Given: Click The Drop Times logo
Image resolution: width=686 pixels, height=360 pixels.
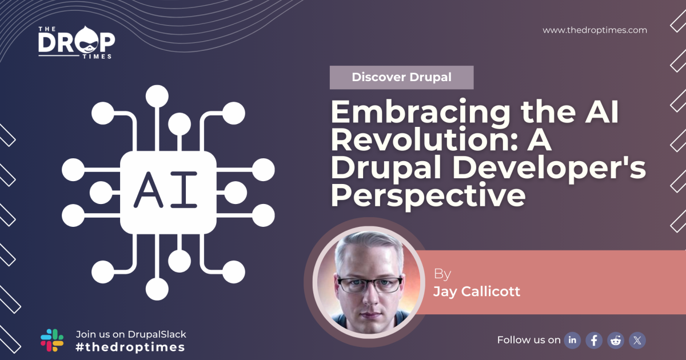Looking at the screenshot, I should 77,41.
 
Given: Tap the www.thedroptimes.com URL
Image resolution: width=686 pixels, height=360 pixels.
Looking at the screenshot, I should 595,30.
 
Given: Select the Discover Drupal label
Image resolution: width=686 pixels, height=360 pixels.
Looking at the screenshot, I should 401,77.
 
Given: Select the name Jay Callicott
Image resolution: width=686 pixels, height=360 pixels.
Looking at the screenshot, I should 476,291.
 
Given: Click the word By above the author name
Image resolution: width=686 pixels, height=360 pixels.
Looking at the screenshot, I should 442,274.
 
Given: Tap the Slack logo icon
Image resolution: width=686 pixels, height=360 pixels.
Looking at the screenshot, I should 52,340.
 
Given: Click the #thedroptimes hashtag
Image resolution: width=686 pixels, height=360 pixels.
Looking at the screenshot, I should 130,347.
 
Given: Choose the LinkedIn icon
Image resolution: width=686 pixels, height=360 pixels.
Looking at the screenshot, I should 572,341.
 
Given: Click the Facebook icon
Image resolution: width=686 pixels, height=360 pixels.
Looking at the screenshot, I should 594,341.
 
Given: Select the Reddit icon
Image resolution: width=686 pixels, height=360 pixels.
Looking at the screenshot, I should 616,341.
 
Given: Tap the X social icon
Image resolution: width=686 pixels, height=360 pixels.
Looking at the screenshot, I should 637,341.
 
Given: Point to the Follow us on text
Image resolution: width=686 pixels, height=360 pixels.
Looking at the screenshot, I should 529,340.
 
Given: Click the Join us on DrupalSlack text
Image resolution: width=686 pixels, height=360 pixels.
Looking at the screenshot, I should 131,334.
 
